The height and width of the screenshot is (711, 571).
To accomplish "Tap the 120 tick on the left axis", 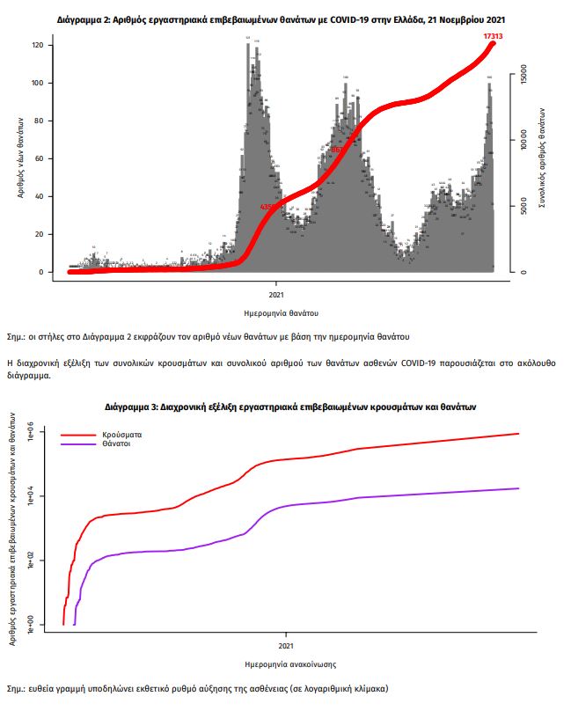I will point(37,46).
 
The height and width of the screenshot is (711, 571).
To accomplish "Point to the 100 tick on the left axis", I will point(37,84).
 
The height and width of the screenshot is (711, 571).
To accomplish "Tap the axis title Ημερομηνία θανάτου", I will point(281,312).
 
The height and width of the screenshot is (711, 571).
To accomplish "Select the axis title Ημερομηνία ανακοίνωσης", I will point(286,663).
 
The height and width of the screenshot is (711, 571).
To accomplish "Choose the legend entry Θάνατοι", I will point(116,444).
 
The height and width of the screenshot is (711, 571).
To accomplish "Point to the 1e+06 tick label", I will point(30,433).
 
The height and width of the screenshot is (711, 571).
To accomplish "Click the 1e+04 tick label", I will point(30,497).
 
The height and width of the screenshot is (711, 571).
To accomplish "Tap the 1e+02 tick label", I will point(30,561).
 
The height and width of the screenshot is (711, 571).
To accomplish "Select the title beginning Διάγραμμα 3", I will point(289,407).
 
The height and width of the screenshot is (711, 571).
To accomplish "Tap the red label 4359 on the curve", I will point(268,208).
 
